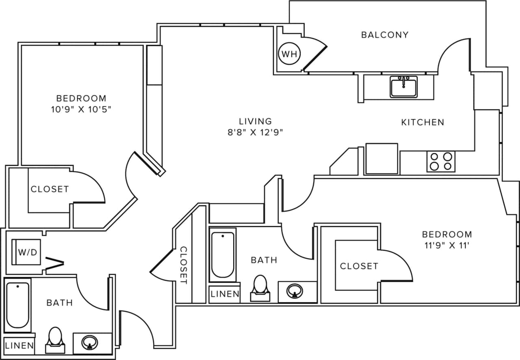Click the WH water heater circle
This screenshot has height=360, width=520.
click(x=289, y=54)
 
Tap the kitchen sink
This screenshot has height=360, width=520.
click(x=404, y=87)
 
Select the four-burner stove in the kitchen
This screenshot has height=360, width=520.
click(x=441, y=161)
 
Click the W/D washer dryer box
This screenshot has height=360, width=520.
click(x=27, y=252)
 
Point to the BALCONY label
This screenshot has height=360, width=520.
click(x=384, y=35)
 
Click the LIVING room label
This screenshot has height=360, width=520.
click(x=255, y=121)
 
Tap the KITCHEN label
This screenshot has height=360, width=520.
click(x=422, y=122)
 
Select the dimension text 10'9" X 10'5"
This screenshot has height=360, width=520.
click(x=81, y=109)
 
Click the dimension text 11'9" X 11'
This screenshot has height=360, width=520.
click(x=447, y=245)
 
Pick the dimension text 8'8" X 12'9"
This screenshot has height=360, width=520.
click(x=255, y=132)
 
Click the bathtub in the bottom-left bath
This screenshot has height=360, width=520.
click(x=18, y=306)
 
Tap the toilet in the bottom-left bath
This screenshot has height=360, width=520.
click(x=55, y=339)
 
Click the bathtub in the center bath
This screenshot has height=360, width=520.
click(x=223, y=255)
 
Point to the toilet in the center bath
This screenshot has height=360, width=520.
click(x=260, y=288)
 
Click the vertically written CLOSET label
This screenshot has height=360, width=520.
click(x=184, y=265)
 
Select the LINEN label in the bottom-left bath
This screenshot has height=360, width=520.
click(x=19, y=346)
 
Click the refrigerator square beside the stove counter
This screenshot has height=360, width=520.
click(x=381, y=159)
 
